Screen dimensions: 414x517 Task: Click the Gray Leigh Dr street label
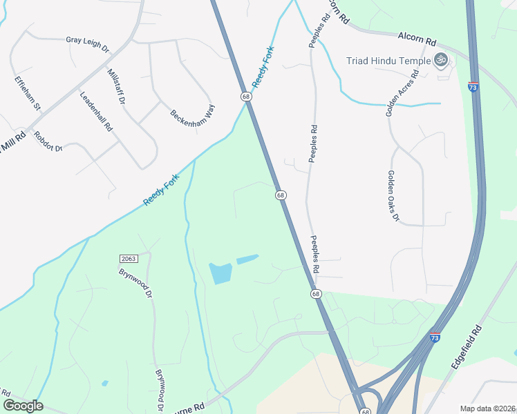[88, 45]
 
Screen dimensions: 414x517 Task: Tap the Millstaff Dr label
[115, 86]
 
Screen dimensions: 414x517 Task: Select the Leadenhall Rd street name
[96, 112]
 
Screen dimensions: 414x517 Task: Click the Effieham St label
[28, 93]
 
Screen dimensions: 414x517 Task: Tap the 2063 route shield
[129, 259]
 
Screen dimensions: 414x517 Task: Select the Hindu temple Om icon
[440, 60]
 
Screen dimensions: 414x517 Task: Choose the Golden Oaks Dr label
[393, 196]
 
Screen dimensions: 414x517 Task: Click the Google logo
[23, 406]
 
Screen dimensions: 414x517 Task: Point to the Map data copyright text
[487, 408]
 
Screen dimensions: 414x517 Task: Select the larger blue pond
[220, 273]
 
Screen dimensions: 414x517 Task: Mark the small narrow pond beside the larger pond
[247, 259]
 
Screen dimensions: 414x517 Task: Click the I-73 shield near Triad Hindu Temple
[473, 88]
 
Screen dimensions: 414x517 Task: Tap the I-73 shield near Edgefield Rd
[435, 337]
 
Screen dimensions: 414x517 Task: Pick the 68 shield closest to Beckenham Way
[246, 97]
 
